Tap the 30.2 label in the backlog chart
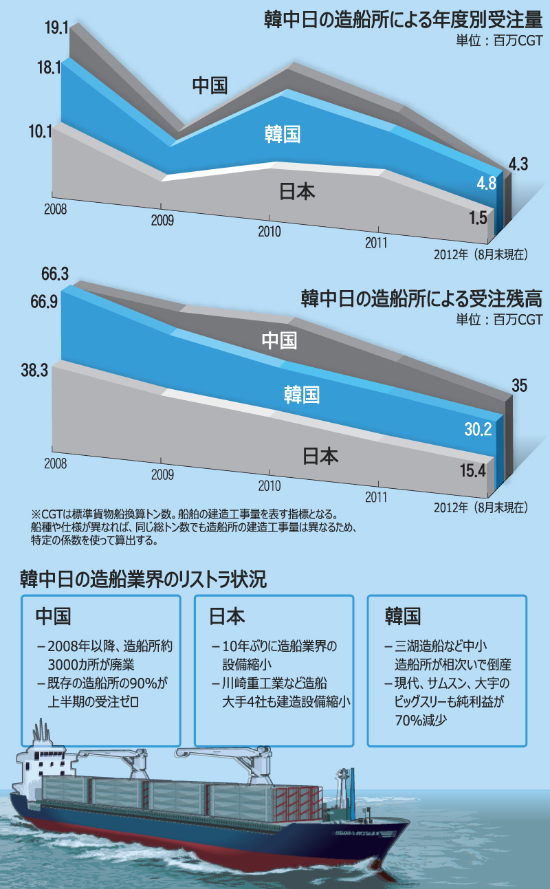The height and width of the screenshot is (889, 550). [x=478, y=430]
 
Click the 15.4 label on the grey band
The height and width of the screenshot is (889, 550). [x=474, y=470]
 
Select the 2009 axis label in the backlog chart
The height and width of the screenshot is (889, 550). [x=162, y=474]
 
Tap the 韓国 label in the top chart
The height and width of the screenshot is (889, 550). [x=283, y=134]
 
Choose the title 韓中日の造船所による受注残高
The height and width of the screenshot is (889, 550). [x=421, y=299]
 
